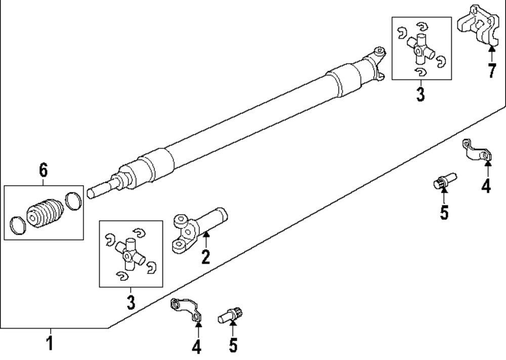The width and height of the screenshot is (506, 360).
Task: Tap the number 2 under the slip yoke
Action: pyautogui.click(x=205, y=256)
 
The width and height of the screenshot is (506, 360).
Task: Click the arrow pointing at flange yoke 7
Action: pyautogui.click(x=491, y=51)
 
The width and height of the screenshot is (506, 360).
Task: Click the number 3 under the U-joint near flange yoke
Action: pyautogui.click(x=420, y=94)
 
